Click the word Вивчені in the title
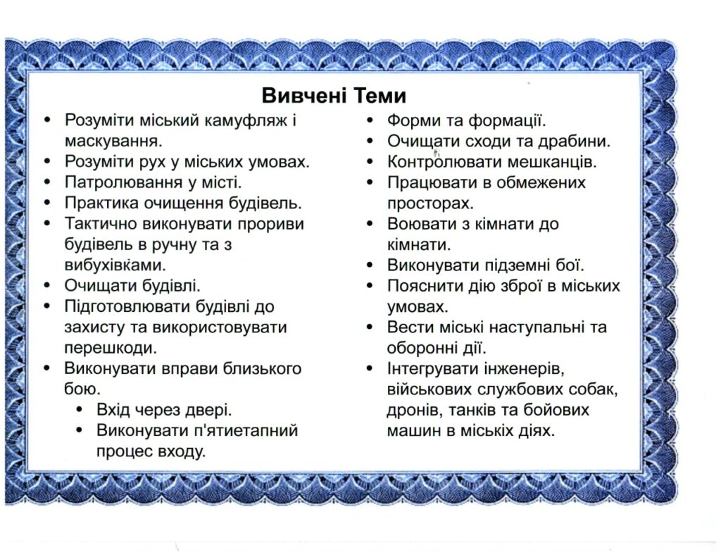pos(304,96)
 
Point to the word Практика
pos(101,203)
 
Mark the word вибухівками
pos(115,265)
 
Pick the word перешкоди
pos(111,348)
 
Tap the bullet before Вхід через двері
pos(80,409)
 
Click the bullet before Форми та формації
pos(370,120)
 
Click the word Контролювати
pos(442,162)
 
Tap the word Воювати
pos(421,223)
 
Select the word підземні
pos(517,265)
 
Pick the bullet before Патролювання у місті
pos(47,182)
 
